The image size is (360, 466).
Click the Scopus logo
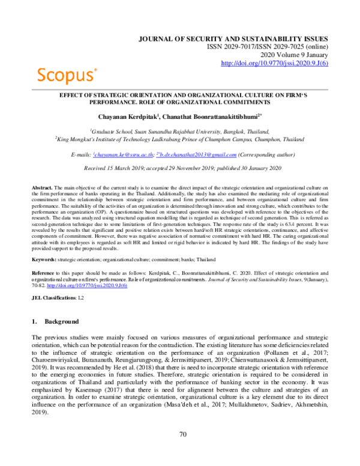[x=67, y=74]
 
